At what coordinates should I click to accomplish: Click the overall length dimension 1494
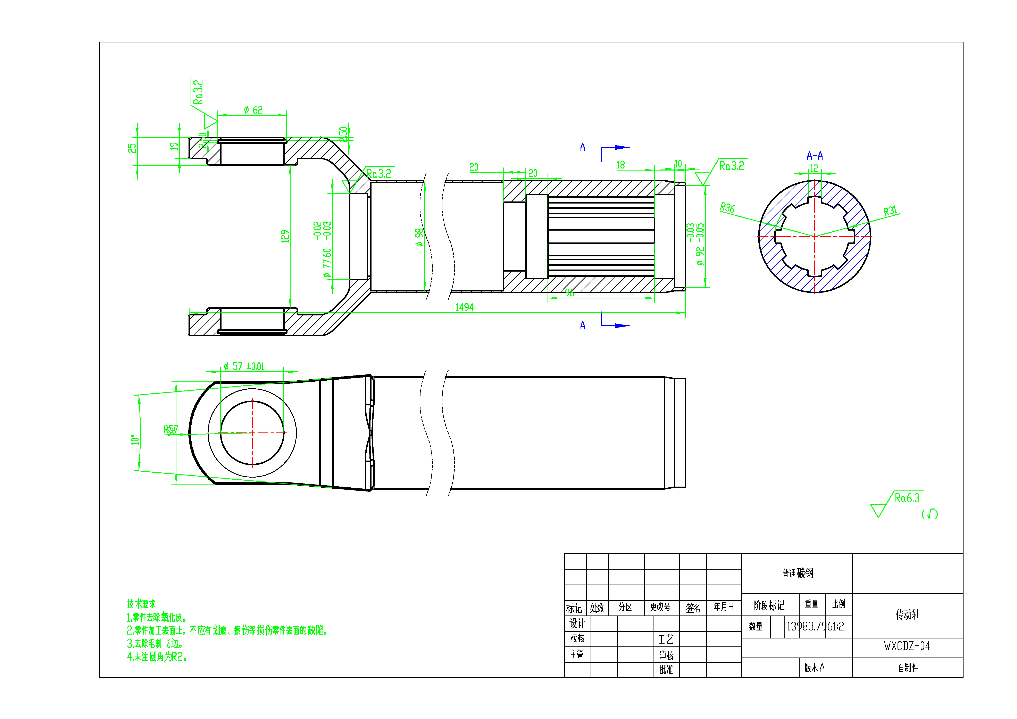pyautogui.click(x=464, y=307)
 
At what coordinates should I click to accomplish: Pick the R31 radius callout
pyautogui.click(x=890, y=211)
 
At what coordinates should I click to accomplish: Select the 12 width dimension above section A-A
pyautogui.click(x=814, y=168)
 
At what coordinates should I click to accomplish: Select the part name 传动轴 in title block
pyautogui.click(x=907, y=614)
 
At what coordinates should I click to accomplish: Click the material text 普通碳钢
pyautogui.click(x=797, y=573)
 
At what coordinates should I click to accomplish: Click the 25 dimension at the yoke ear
pyautogui.click(x=132, y=148)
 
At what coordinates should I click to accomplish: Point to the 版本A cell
pyautogui.click(x=814, y=668)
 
